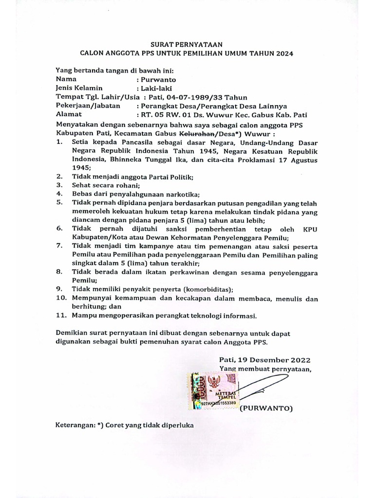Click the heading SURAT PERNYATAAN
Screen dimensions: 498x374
(x=187, y=44)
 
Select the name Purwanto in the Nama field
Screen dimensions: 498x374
(x=158, y=79)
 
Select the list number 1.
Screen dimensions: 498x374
(x=59, y=142)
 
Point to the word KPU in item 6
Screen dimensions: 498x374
(x=310, y=229)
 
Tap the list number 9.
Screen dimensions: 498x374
(x=59, y=289)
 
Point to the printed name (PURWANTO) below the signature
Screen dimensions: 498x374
(x=266, y=408)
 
